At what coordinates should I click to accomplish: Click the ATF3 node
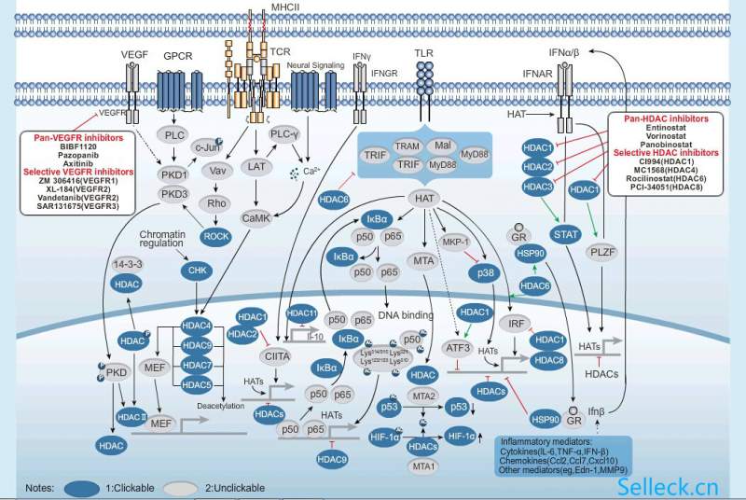point(458,349)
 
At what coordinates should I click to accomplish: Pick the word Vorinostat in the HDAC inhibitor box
point(666,136)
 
